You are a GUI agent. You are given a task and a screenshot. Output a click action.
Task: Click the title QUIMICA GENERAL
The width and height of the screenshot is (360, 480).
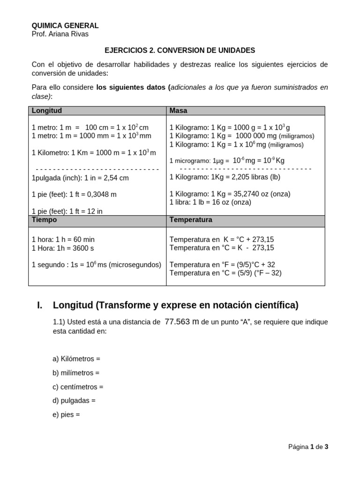tap(65, 26)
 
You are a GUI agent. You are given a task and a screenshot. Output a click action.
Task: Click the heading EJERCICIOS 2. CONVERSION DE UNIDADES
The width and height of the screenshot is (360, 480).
tap(180, 50)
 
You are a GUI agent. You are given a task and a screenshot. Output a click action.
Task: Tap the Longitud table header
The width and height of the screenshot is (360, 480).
tap(47, 111)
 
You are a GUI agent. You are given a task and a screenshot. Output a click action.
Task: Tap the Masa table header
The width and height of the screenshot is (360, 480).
tap(179, 111)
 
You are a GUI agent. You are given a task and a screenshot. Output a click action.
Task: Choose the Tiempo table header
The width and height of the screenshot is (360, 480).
tap(45, 220)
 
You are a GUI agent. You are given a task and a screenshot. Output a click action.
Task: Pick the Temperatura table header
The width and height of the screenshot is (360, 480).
tap(191, 220)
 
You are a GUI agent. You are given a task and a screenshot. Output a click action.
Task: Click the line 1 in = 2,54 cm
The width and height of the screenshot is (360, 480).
tap(80, 178)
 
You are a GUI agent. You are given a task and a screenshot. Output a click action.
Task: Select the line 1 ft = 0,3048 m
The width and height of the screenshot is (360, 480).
tap(74, 194)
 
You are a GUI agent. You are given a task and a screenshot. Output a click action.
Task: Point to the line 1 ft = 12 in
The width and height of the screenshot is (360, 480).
tap(67, 211)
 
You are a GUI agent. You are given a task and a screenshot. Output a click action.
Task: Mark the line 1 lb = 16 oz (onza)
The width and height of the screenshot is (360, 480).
tap(210, 202)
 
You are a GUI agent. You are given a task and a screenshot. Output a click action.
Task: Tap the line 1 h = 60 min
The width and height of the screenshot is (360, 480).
tap(63, 240)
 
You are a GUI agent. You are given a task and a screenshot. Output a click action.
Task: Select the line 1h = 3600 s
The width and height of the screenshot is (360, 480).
tap(63, 248)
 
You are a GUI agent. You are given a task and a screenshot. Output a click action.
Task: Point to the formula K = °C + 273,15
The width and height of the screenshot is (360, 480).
tap(222, 240)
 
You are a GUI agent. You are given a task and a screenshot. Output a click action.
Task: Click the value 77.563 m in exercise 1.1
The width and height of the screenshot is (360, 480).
tap(183, 322)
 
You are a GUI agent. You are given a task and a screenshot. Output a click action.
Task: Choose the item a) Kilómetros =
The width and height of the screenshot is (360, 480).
tap(76, 359)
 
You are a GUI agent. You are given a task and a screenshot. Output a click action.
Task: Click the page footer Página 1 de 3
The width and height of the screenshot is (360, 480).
tap(308, 447)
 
